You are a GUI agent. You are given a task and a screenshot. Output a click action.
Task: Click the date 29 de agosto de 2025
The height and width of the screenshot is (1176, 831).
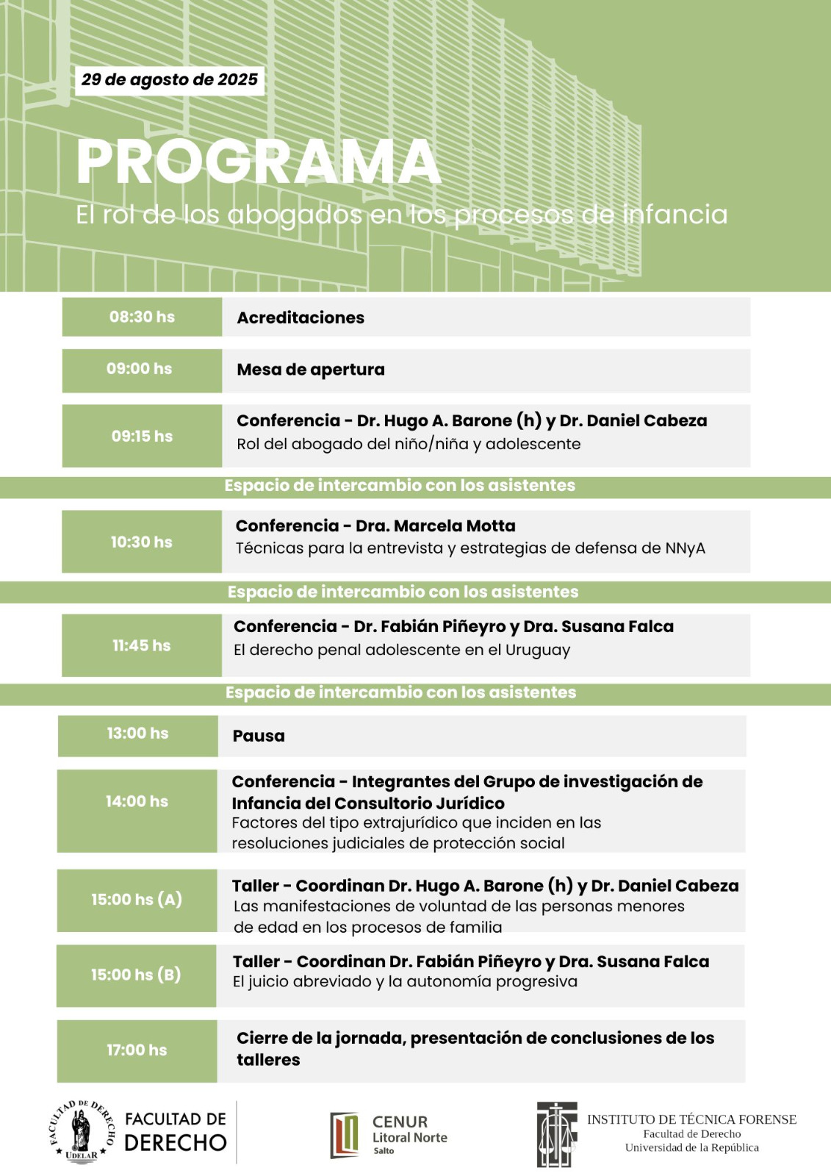170,80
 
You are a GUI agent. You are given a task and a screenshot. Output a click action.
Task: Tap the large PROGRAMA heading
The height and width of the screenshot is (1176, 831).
258,162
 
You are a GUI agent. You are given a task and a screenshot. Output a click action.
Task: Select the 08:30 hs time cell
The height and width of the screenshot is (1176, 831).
142,317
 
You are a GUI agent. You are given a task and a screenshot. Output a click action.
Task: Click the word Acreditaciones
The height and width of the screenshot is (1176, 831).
301,318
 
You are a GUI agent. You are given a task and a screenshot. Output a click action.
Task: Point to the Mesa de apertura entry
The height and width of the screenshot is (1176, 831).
311,370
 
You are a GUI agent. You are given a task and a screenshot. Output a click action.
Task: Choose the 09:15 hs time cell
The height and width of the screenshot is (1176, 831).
142,436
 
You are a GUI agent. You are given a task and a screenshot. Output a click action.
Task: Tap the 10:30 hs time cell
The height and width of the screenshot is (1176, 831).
142,542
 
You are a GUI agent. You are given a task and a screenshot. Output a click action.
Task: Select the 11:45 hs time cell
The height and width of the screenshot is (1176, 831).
142,645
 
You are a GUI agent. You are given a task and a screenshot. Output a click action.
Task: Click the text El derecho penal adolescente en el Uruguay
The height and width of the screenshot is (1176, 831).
402,650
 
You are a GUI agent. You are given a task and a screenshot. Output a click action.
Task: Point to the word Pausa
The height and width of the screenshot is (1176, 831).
259,736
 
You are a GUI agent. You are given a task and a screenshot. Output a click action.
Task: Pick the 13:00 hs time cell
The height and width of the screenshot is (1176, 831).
138,734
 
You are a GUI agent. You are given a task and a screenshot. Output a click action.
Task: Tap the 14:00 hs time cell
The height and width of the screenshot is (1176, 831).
137,802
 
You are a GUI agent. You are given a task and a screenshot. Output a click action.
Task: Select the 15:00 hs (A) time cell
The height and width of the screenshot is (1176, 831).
137,900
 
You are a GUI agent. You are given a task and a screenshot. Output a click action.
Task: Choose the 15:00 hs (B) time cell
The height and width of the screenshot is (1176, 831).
136,975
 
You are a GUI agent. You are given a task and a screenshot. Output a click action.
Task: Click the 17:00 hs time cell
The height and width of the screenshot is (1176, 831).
137,1050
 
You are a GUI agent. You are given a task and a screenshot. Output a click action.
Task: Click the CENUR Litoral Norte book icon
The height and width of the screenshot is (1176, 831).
345,1135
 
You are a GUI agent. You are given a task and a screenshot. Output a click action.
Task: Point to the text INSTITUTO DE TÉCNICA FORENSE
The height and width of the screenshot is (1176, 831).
691,1119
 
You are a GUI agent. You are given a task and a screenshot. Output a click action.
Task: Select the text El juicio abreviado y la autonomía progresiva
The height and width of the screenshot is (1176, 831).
405,982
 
